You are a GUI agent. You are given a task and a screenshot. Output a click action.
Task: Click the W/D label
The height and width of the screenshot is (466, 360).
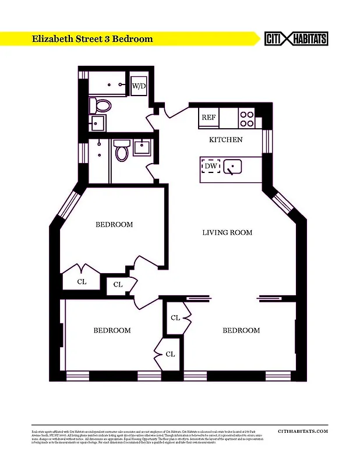pos(139,86)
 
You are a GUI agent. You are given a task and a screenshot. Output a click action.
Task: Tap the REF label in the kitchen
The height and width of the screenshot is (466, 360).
pos(209,117)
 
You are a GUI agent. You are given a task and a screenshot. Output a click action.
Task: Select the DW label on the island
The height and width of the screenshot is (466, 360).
pos(211,167)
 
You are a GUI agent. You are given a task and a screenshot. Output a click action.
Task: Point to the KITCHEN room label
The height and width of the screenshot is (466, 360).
pos(226,140)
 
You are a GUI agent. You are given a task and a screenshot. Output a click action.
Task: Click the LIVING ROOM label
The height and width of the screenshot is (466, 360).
pos(227,232)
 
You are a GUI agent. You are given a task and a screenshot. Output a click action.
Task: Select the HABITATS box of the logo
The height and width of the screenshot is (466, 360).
pos(309,38)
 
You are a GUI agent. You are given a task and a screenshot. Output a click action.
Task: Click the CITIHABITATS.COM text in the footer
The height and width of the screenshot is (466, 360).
pos(303,431)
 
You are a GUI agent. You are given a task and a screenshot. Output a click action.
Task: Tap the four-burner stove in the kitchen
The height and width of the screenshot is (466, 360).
pos(247,119)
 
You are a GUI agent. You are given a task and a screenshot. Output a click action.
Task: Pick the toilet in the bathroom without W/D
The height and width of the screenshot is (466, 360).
pos(122,151)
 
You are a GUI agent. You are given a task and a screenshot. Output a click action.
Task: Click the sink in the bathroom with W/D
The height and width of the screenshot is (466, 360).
pos(97,123)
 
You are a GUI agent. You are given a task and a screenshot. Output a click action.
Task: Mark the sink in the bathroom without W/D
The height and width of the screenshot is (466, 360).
pos(143,147)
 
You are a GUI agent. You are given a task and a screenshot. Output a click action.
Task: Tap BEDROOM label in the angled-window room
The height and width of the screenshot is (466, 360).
pos(114,224)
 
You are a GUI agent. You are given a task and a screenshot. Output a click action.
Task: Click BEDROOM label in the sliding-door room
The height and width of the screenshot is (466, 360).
pos(241,330)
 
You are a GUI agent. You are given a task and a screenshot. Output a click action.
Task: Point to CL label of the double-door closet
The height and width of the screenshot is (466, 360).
pos(82,281)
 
